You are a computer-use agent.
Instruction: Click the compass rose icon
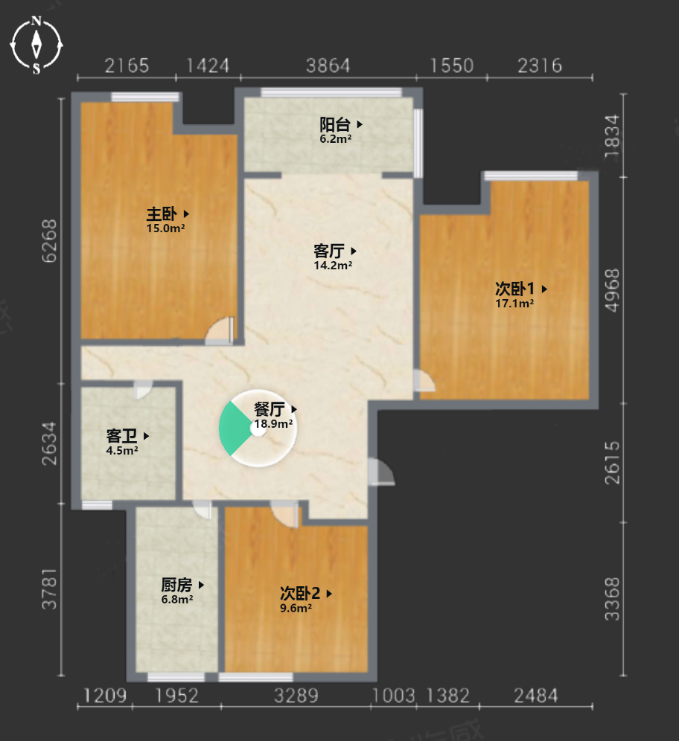[36, 45]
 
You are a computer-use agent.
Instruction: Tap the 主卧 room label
[162, 214]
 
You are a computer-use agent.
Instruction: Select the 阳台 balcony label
[335, 125]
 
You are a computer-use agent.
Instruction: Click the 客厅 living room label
[328, 251]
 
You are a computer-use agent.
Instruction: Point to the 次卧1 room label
[515, 288]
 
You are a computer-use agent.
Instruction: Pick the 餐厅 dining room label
[270, 409]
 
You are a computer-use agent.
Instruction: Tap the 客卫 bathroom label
[121, 436]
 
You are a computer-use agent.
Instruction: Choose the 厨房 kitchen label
[176, 585]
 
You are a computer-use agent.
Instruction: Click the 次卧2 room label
[300, 593]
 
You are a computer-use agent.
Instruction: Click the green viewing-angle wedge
[234, 429]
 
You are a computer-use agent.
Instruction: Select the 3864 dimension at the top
[328, 65]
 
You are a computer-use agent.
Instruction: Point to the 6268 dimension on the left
[49, 241]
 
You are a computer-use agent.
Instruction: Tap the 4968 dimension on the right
[612, 290]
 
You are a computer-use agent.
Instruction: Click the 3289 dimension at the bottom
[296, 696]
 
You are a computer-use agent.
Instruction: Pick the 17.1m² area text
[514, 304]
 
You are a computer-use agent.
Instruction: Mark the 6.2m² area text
[335, 139]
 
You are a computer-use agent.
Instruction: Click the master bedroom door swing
[220, 330]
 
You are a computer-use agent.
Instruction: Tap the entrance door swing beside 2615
[381, 471]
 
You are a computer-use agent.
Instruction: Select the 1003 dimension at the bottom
[393, 696]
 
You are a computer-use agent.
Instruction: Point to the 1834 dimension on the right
[612, 136]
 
